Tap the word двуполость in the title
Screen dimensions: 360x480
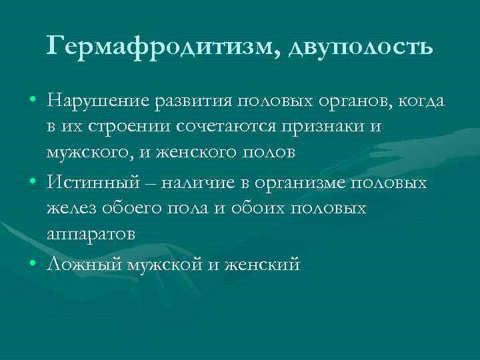(360, 47)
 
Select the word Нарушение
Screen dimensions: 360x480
(97, 101)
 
